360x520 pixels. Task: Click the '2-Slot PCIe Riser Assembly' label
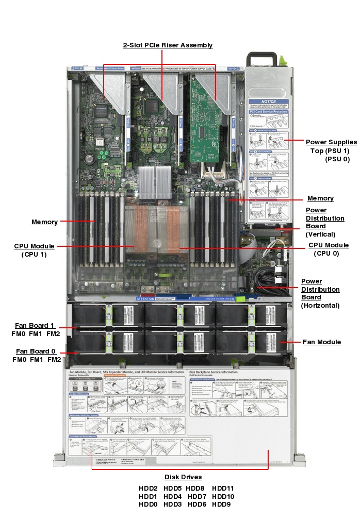pyautogui.click(x=168, y=45)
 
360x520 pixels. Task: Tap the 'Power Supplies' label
pyautogui.click(x=331, y=142)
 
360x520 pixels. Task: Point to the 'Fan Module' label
pyautogui.click(x=321, y=342)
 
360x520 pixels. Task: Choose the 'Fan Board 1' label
pyautogui.click(x=35, y=325)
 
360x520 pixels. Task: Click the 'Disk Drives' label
pyautogui.click(x=183, y=477)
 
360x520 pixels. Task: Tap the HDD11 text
pyautogui.click(x=223, y=488)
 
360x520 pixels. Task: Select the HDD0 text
pyautogui.click(x=148, y=505)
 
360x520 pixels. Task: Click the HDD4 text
pyautogui.click(x=172, y=496)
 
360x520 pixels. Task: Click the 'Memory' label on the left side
pyautogui.click(x=44, y=222)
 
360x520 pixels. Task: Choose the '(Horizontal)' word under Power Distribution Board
pyautogui.click(x=320, y=305)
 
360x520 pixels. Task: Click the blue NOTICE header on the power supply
pyautogui.click(x=268, y=102)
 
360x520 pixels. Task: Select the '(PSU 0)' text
pyautogui.click(x=337, y=159)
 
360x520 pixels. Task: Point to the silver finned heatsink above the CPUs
pyautogui.click(x=155, y=183)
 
